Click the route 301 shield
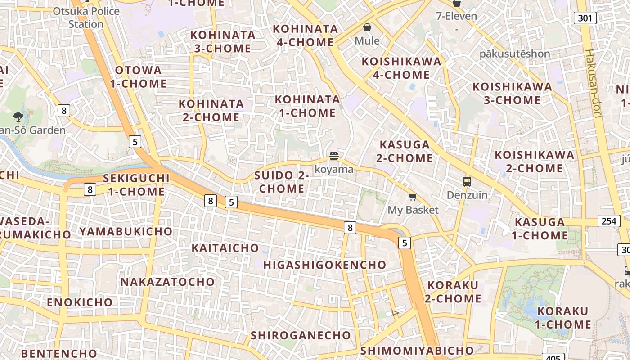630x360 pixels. point(585,18)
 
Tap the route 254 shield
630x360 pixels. point(608,221)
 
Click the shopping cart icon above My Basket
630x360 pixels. point(413,197)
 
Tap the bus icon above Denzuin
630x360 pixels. point(467,182)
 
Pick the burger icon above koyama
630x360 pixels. point(333,156)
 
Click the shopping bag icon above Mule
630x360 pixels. point(367,27)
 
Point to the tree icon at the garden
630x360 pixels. point(18,117)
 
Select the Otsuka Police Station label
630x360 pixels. point(86,17)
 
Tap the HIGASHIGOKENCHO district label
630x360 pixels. point(324,265)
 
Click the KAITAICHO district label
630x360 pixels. point(225,248)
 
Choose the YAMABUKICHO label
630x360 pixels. point(126,232)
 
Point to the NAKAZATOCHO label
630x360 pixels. point(167,282)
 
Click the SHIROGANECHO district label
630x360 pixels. point(301,335)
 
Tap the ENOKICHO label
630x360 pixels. point(80,302)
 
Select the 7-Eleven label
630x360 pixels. point(456,16)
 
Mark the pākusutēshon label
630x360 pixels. point(514,54)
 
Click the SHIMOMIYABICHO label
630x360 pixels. point(417,351)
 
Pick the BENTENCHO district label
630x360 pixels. point(58,353)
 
